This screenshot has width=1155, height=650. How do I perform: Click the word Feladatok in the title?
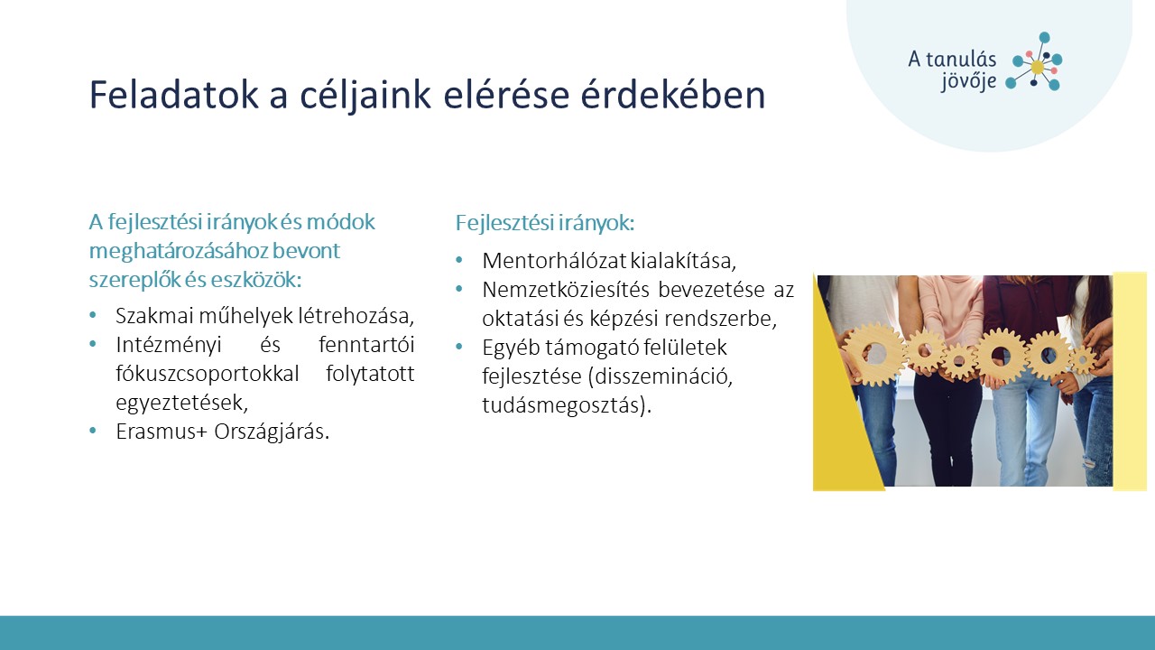[x=174, y=95]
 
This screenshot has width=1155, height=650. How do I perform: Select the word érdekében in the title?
[x=673, y=95]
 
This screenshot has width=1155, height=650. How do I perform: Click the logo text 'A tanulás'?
[x=952, y=60]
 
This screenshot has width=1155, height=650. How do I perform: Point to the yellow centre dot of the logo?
[x=1037, y=67]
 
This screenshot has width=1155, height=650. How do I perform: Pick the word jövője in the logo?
[x=968, y=82]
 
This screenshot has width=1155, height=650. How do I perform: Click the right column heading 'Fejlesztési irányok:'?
[x=544, y=223]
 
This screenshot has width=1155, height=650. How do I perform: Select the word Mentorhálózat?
[x=554, y=261]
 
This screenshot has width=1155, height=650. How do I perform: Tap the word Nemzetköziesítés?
[x=566, y=290]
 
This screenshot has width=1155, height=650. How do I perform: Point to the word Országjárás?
[x=272, y=432]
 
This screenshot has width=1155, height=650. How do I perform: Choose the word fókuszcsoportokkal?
[x=208, y=374]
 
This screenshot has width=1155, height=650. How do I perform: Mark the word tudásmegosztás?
[x=564, y=405]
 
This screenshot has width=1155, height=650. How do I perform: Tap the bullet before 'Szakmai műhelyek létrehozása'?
[x=93, y=315]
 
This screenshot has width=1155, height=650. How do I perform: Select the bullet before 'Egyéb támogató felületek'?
[x=459, y=348]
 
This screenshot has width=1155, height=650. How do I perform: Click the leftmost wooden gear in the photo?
[x=874, y=354]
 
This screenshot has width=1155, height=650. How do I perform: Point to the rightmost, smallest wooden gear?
[x=1083, y=358]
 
